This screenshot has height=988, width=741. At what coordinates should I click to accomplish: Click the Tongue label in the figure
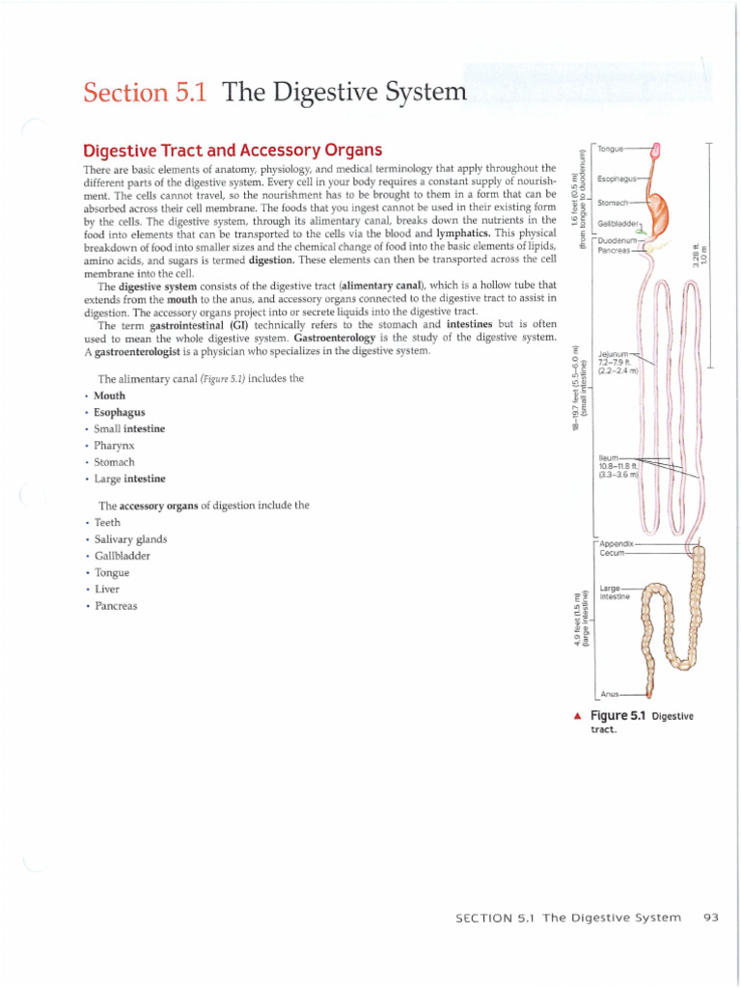611,149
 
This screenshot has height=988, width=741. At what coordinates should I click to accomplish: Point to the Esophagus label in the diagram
616,178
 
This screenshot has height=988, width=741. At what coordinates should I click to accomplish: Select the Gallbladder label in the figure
618,222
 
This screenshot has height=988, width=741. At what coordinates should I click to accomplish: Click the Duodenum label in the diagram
617,240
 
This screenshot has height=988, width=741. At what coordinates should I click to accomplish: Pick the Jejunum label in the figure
615,354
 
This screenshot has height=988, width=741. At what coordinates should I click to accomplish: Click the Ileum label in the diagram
609,458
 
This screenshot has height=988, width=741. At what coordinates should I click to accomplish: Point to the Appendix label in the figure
617,544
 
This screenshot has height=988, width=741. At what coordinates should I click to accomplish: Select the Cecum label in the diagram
613,554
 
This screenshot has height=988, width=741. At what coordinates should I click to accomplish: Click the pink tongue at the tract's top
657,149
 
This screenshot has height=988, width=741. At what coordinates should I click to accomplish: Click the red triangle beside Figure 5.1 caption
576,716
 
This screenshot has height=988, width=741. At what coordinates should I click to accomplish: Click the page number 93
711,917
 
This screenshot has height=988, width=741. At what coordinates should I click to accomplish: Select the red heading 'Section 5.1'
149,94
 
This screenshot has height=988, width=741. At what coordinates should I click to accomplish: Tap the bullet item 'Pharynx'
114,446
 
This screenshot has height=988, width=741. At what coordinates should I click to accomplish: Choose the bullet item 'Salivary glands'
130,539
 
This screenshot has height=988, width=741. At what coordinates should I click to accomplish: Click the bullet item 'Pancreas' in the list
116,606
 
